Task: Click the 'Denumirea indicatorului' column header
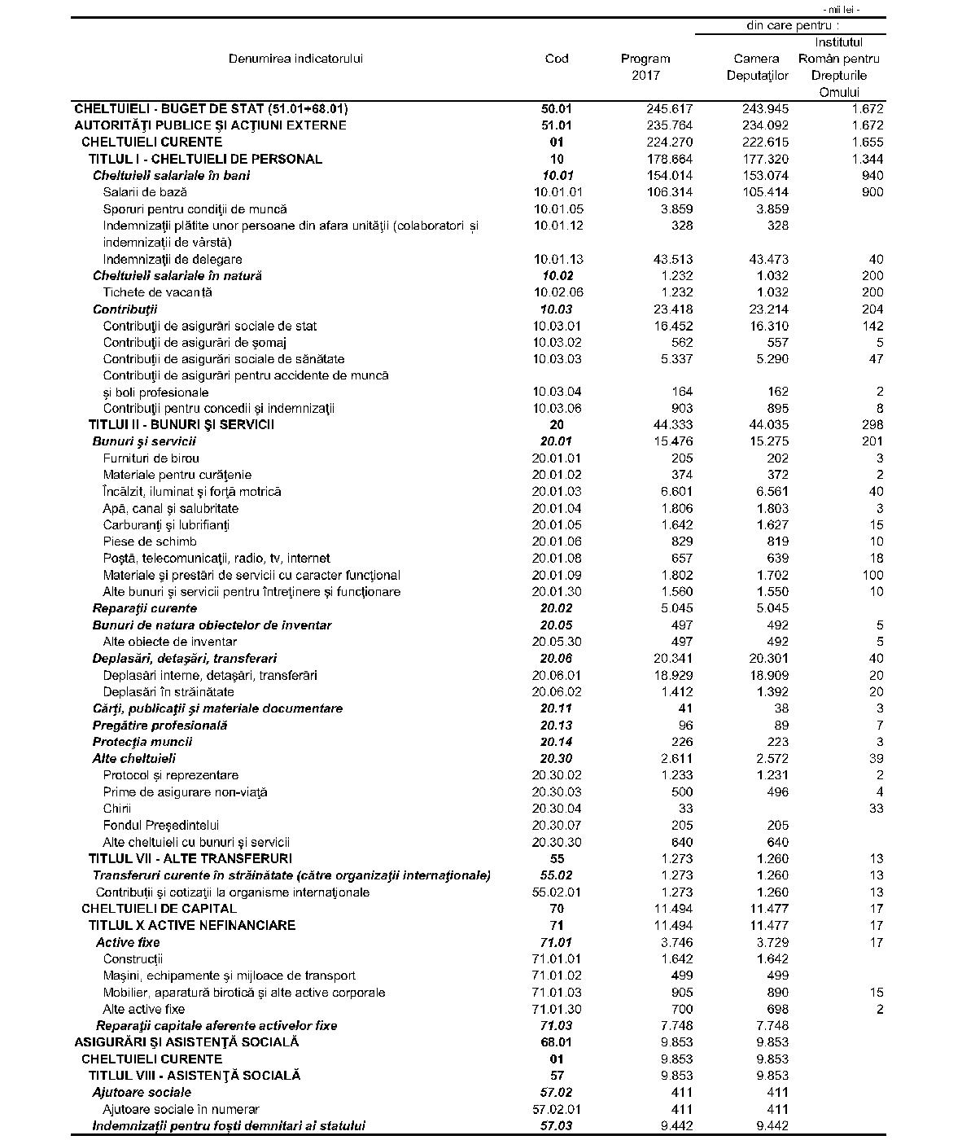click(295, 59)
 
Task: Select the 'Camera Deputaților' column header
click(757, 67)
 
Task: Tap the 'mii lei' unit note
click(842, 10)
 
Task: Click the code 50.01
click(557, 108)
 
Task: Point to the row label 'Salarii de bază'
click(145, 192)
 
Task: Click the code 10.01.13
click(558, 259)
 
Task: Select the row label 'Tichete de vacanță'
click(157, 292)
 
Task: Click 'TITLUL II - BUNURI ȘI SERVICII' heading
click(181, 424)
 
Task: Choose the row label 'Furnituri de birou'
click(151, 458)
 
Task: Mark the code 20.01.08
click(557, 559)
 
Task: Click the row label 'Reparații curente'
click(144, 608)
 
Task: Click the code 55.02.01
click(557, 892)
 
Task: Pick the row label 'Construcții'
click(133, 958)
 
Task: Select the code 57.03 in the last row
click(557, 1125)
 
